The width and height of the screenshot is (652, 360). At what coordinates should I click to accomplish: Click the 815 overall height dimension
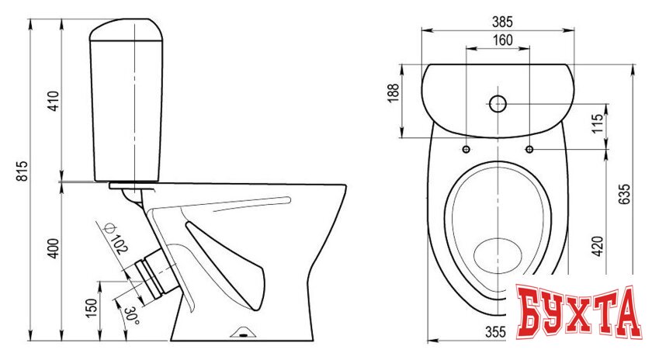tap(22, 171)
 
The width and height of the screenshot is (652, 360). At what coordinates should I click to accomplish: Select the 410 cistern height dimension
tap(54, 101)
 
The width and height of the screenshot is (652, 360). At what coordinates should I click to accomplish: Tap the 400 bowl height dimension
tap(54, 248)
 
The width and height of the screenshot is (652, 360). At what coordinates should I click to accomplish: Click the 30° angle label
tap(130, 316)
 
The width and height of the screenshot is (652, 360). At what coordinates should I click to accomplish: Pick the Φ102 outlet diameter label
tap(116, 238)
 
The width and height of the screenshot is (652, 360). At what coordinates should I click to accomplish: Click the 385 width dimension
tap(502, 22)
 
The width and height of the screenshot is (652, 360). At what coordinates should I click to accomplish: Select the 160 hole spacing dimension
tap(503, 40)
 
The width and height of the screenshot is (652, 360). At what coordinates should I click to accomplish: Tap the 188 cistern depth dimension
tap(393, 93)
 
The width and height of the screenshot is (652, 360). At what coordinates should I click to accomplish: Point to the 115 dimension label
tap(597, 123)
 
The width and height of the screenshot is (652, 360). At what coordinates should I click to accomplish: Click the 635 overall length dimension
tap(624, 194)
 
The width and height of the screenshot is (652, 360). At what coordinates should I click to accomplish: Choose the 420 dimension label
tap(597, 246)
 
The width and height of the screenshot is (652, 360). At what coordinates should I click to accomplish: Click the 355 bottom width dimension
tap(496, 332)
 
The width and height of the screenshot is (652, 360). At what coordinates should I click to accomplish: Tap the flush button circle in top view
tap(498, 103)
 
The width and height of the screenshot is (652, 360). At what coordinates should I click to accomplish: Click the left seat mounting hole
tap(466, 149)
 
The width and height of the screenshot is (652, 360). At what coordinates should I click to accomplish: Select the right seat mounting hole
tap(529, 149)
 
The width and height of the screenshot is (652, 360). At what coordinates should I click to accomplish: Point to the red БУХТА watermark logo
tap(578, 311)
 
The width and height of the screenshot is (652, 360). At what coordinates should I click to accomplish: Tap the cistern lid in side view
tap(126, 30)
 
